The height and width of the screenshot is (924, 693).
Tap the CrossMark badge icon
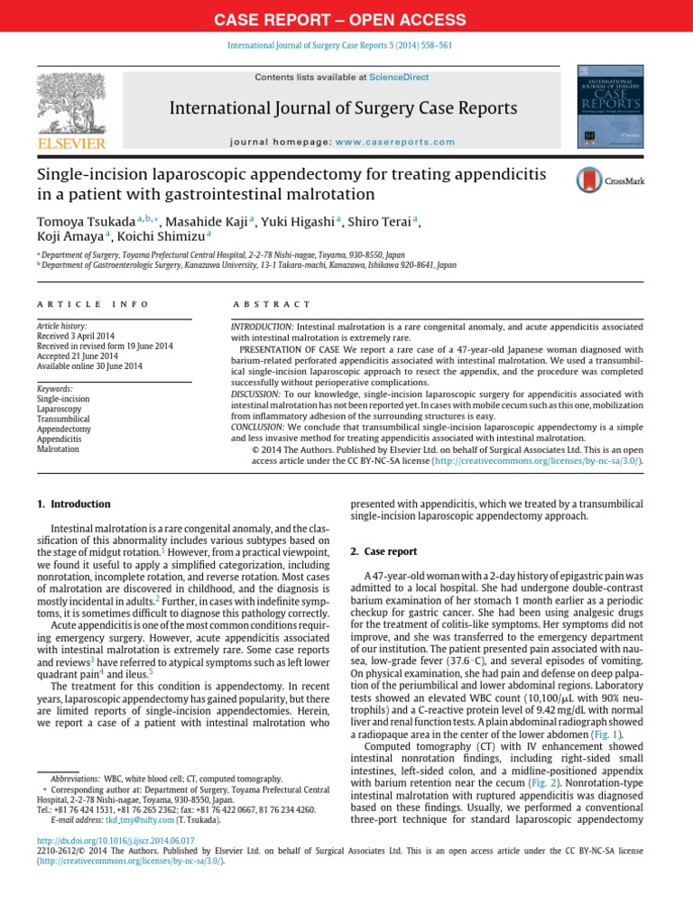click(609, 181)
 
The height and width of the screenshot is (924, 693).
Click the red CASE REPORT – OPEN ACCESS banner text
click(346, 19)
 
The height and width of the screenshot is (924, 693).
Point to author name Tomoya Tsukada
click(86, 221)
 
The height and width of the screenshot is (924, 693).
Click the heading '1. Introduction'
click(74, 504)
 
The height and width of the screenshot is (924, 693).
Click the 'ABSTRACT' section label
click(271, 305)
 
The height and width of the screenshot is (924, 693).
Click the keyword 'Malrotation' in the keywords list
click(58, 448)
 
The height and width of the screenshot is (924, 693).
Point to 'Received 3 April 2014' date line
click(78, 335)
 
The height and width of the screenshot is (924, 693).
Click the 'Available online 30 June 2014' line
click(89, 365)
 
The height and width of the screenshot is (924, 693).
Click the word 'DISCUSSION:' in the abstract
click(256, 393)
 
